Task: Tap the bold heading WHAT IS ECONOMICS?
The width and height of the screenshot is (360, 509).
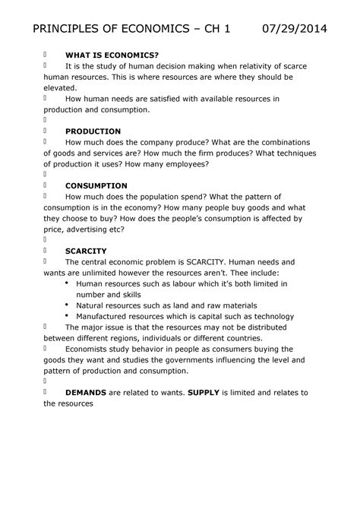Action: coord(112,55)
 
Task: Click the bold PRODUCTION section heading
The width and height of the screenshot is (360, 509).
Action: coord(93,131)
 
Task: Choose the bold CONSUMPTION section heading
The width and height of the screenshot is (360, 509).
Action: coord(96,185)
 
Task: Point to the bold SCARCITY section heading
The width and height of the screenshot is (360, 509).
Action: coord(86,251)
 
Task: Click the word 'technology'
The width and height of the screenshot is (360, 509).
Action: coord(267,316)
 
